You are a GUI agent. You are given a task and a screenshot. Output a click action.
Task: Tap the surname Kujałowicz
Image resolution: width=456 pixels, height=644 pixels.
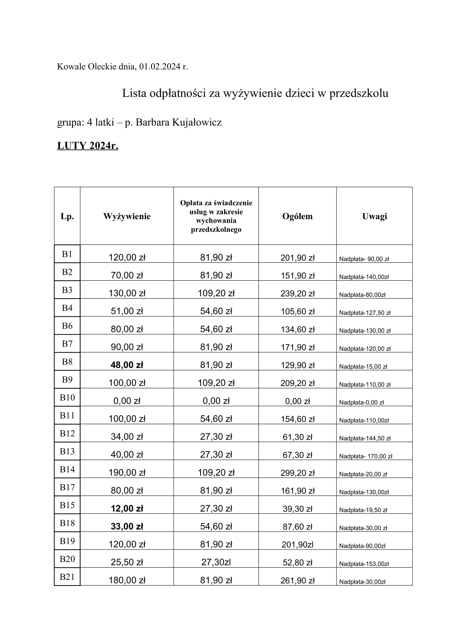point(197,122)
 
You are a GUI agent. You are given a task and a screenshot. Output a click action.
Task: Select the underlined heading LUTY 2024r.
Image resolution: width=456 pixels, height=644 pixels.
point(88,146)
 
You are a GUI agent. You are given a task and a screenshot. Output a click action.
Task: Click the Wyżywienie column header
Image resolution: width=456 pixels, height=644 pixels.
point(127,216)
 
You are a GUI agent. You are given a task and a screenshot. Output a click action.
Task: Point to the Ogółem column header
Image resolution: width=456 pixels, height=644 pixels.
point(297,216)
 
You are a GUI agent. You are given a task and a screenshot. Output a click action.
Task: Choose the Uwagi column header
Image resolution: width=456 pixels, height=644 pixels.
point(374,216)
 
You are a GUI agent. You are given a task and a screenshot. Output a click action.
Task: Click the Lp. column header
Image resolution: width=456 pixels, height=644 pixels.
point(67,216)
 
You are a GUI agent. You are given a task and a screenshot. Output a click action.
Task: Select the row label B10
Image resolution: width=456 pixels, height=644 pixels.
point(67,398)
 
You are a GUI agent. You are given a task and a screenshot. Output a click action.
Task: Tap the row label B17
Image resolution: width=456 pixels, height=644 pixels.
point(67,487)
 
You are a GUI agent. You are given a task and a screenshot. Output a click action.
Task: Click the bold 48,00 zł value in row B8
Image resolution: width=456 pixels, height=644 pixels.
point(127,365)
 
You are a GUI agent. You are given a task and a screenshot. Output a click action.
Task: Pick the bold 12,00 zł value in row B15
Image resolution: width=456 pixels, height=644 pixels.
point(127,509)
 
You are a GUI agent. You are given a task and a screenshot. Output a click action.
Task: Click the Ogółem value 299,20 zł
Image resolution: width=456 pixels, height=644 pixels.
point(297,473)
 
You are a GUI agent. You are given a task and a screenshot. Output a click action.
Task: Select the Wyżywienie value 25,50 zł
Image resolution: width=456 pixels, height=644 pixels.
point(127,563)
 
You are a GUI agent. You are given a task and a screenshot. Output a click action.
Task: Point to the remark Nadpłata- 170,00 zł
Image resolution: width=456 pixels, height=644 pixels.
point(365,456)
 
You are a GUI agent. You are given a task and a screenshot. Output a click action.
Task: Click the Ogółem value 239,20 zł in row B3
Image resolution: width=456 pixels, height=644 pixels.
point(297,294)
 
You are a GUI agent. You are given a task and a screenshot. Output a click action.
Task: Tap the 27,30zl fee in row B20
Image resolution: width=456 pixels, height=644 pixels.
point(216,563)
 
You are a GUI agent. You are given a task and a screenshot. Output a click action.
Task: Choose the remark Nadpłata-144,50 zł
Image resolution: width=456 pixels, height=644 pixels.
point(364,438)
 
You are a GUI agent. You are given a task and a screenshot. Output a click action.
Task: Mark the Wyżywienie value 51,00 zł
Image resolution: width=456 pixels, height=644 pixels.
point(127,311)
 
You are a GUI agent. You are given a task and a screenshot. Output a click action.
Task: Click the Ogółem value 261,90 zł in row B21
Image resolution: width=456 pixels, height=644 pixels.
point(297,580)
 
